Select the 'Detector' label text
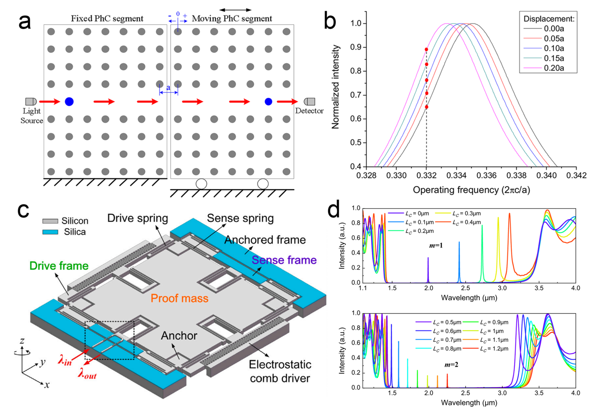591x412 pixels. coord(309,111)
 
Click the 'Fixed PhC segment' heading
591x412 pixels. coord(107,19)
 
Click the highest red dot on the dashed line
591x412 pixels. coord(427,49)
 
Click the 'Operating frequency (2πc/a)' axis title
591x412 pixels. coord(471,190)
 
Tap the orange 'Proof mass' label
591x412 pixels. coord(179,298)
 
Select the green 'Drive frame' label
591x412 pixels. coord(59,266)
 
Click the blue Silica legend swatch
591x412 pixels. coord(50,232)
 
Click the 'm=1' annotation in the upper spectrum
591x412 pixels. coord(436,246)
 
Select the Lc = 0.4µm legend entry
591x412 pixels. coord(466,222)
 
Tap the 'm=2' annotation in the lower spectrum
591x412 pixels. coord(451,365)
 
